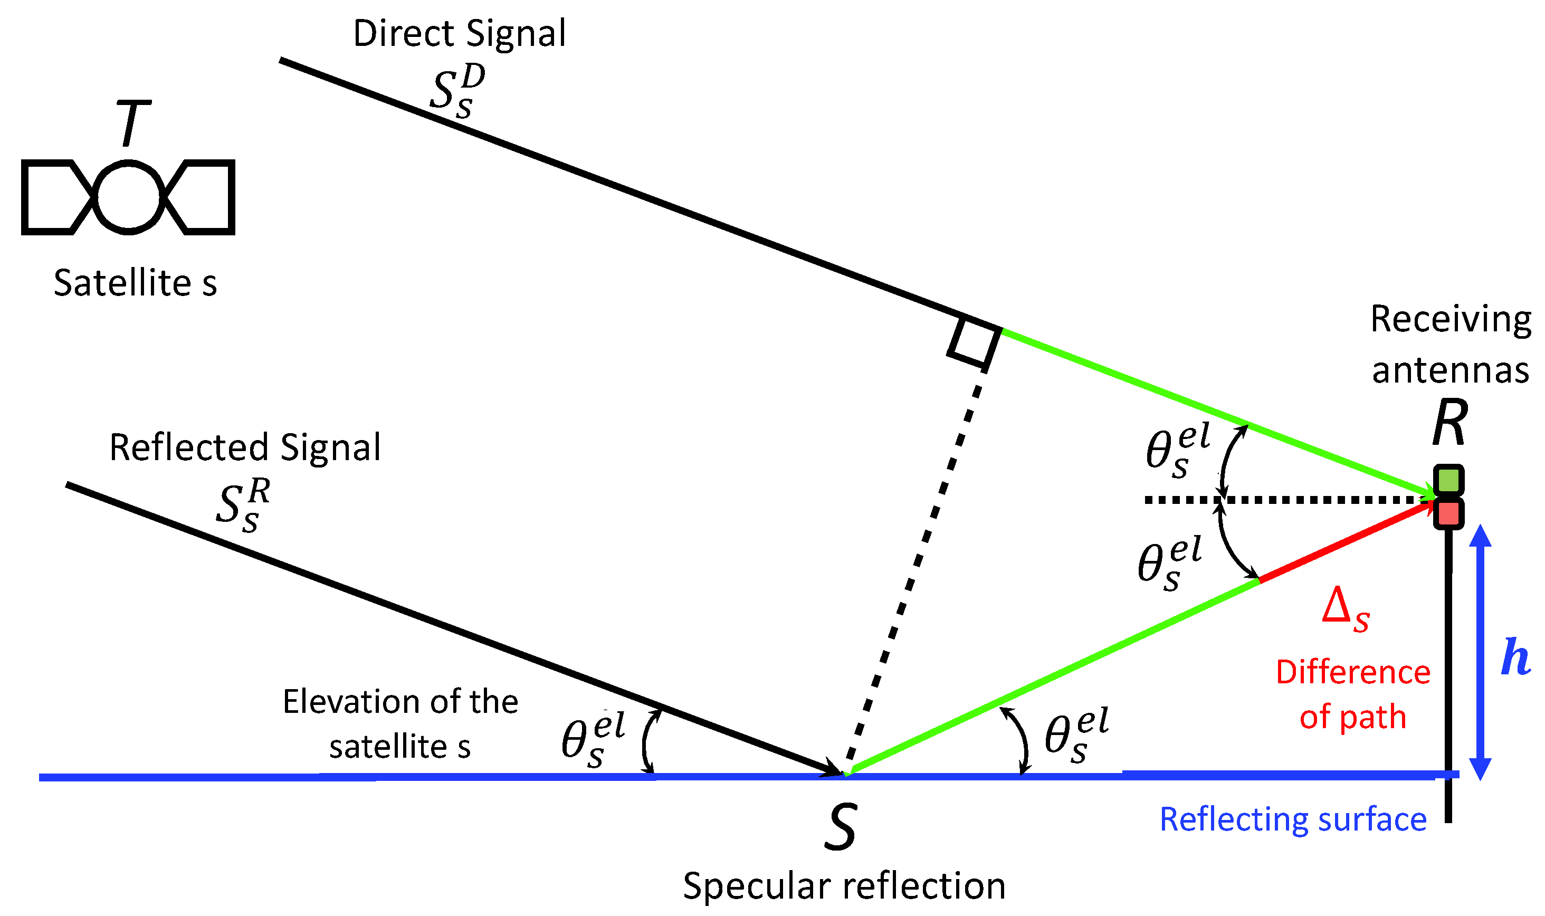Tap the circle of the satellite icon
pos(128,197)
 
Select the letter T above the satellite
pos(133,123)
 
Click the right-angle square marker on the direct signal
pos(974,342)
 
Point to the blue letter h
pos(1515,657)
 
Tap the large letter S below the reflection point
pos(841,827)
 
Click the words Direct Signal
pos(459,34)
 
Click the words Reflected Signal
pos(245,447)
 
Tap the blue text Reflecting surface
pos(1294,820)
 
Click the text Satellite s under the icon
pos(135,283)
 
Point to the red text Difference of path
pos(1353,695)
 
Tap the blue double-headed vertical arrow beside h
pos(1480,653)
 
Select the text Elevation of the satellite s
pos(400,724)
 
